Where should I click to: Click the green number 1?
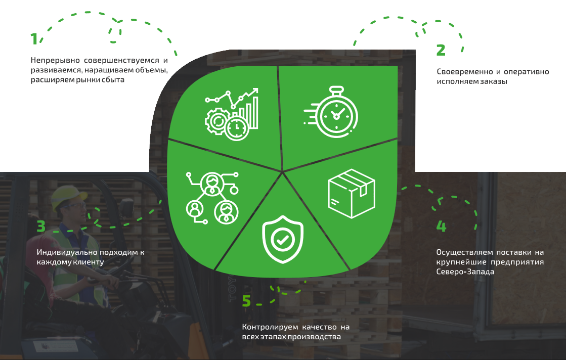(34, 39)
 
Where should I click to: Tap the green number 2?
(441, 50)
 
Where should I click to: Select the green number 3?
(41, 227)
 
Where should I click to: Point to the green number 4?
(441, 226)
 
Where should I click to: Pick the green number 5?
(246, 301)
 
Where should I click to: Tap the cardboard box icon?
(352, 193)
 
